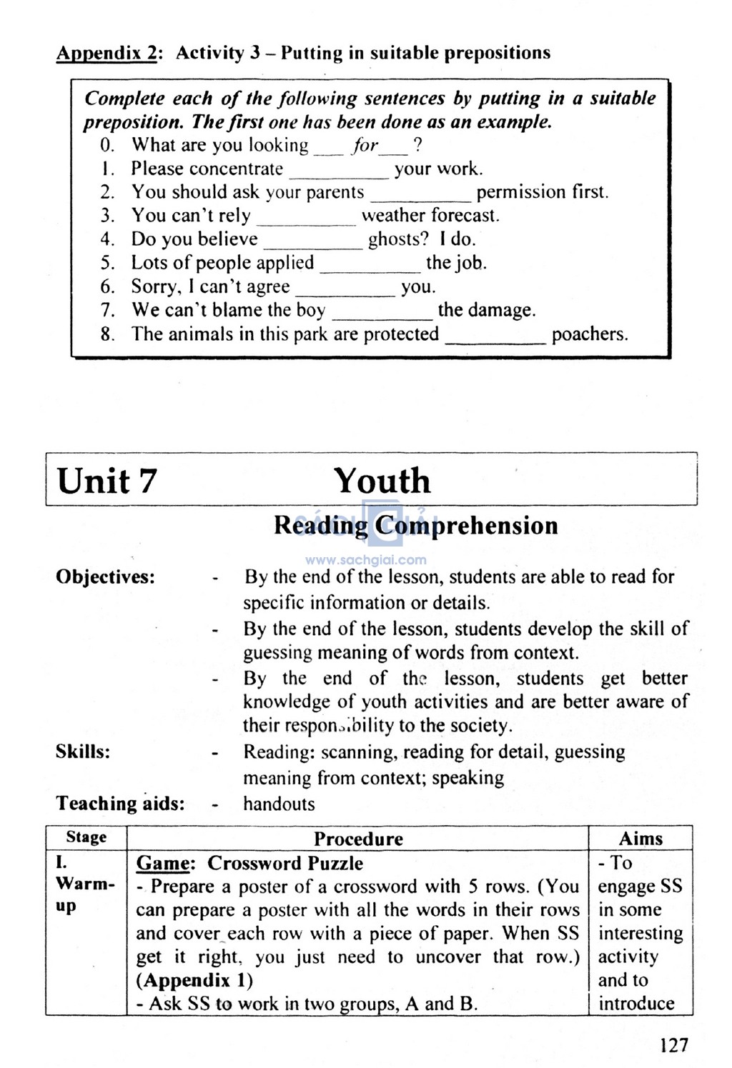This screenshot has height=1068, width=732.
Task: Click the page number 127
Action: (673, 1046)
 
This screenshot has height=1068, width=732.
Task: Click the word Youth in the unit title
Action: (382, 481)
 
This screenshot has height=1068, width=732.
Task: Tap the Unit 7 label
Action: (106, 481)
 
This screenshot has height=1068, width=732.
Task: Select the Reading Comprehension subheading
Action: (415, 526)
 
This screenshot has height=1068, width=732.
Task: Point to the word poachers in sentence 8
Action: (590, 334)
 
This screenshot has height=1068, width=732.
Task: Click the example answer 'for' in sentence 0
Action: (365, 146)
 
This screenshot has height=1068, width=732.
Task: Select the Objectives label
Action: (105, 577)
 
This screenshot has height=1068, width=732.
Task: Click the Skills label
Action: (83, 752)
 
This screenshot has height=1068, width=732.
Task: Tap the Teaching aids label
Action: (120, 804)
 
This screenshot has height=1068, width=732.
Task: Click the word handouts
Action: (279, 804)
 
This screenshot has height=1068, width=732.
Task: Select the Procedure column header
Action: (358, 839)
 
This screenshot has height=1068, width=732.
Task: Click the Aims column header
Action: (640, 839)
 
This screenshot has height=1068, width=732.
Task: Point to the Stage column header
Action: (86, 837)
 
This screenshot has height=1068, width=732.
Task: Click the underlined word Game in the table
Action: (164, 863)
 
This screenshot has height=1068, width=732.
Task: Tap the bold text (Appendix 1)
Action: (194, 980)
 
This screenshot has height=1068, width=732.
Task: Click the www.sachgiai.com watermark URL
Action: (365, 561)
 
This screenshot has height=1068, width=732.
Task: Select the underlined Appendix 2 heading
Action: (106, 54)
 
